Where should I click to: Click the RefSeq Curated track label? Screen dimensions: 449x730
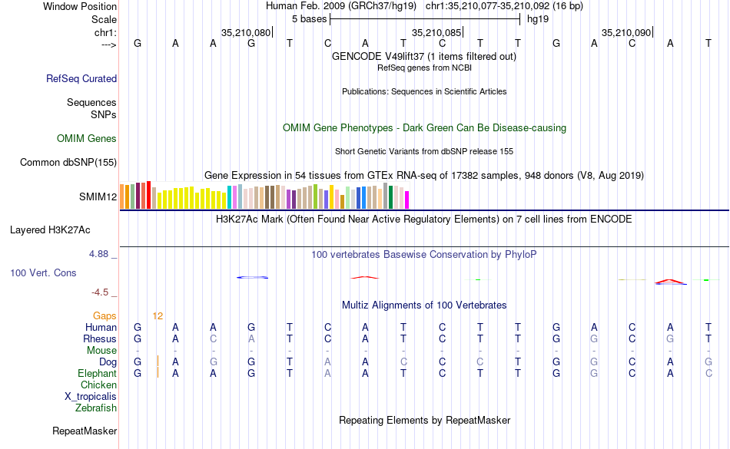[81, 78]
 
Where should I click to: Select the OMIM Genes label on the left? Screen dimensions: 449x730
[86, 139]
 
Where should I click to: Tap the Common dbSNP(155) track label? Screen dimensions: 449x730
[68, 162]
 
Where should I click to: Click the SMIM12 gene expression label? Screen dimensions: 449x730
[98, 196]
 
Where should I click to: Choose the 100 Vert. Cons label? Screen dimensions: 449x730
[43, 272]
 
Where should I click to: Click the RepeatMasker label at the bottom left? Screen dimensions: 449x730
[84, 431]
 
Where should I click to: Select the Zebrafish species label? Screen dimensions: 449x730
[96, 408]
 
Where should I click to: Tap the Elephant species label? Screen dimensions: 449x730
[97, 373]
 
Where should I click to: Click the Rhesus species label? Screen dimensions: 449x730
[101, 338]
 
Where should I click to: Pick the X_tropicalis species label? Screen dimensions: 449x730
[91, 397]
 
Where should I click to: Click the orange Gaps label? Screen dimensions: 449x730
[105, 315]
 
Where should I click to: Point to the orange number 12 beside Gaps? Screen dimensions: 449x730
[158, 315]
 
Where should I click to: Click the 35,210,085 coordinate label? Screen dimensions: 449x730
[436, 33]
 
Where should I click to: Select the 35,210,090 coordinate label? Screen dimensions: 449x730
[626, 33]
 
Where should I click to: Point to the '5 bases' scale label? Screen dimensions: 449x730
[309, 18]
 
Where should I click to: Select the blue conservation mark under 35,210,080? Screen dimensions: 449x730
[253, 277]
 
